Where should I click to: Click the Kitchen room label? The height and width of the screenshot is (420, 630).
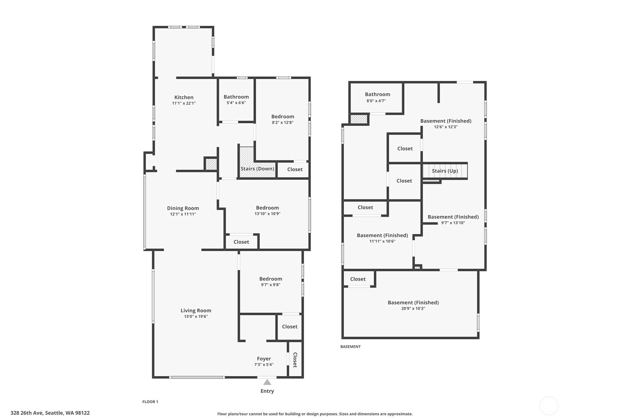184,97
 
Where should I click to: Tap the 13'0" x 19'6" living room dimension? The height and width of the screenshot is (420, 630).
196,317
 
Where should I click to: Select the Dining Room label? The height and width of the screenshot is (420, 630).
183,208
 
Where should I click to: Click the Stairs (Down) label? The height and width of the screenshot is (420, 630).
257,169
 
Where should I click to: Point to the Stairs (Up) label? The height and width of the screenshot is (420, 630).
445,171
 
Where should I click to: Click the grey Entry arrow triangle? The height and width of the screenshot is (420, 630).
267,382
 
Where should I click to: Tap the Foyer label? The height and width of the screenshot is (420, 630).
264,359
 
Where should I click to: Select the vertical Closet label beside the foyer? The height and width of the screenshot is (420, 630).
295,360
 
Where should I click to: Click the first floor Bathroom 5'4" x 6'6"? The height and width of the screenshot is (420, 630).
236,99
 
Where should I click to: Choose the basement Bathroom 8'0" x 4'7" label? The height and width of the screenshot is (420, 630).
377,97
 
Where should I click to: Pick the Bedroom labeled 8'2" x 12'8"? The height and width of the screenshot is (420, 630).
283,119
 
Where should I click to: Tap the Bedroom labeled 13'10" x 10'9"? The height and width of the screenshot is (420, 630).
267,210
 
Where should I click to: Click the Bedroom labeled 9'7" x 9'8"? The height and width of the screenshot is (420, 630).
270,281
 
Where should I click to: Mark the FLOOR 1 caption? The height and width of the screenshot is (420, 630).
150,402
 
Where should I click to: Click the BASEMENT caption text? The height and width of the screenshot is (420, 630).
350,347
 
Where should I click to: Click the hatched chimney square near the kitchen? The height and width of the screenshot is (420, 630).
211,164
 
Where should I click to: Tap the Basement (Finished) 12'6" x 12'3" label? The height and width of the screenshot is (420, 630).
445,123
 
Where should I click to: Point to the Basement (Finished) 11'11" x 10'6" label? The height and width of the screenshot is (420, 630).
382,238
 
